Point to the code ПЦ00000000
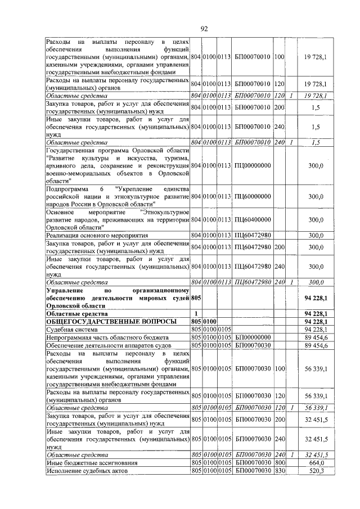point(253,165)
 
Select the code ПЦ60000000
point(253,196)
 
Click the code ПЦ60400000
point(253,219)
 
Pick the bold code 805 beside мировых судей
point(196,298)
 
